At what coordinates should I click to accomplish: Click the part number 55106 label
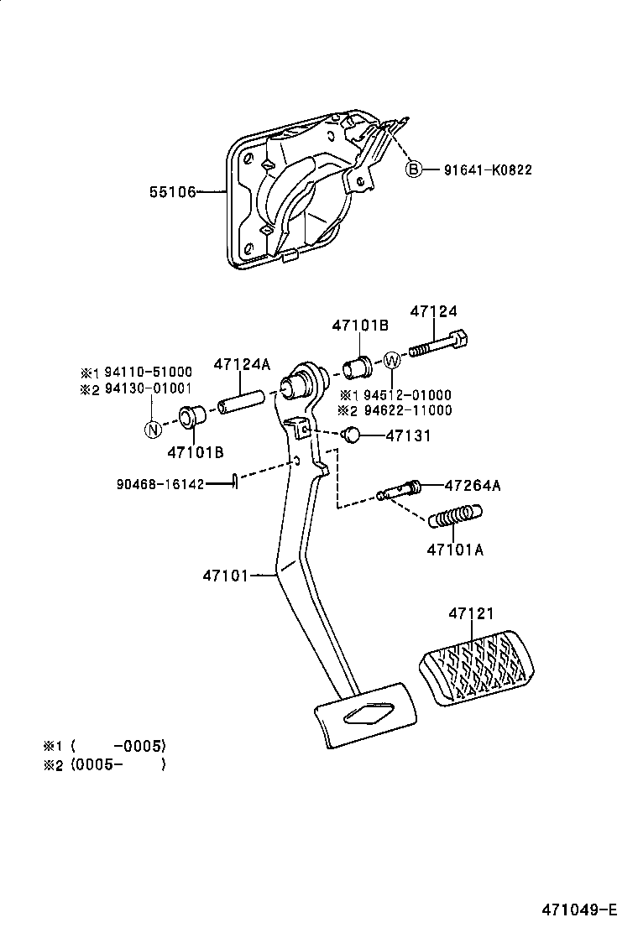[173, 192]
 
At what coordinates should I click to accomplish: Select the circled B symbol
[413, 170]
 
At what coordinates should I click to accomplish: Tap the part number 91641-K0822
[488, 170]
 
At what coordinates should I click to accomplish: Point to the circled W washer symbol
[392, 361]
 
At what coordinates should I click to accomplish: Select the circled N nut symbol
[152, 430]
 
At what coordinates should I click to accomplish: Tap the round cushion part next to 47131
[352, 435]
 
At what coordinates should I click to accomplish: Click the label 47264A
[473, 485]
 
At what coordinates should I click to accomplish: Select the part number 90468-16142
[160, 484]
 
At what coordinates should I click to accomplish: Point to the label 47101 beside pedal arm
[227, 576]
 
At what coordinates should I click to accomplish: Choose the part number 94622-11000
[405, 410]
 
